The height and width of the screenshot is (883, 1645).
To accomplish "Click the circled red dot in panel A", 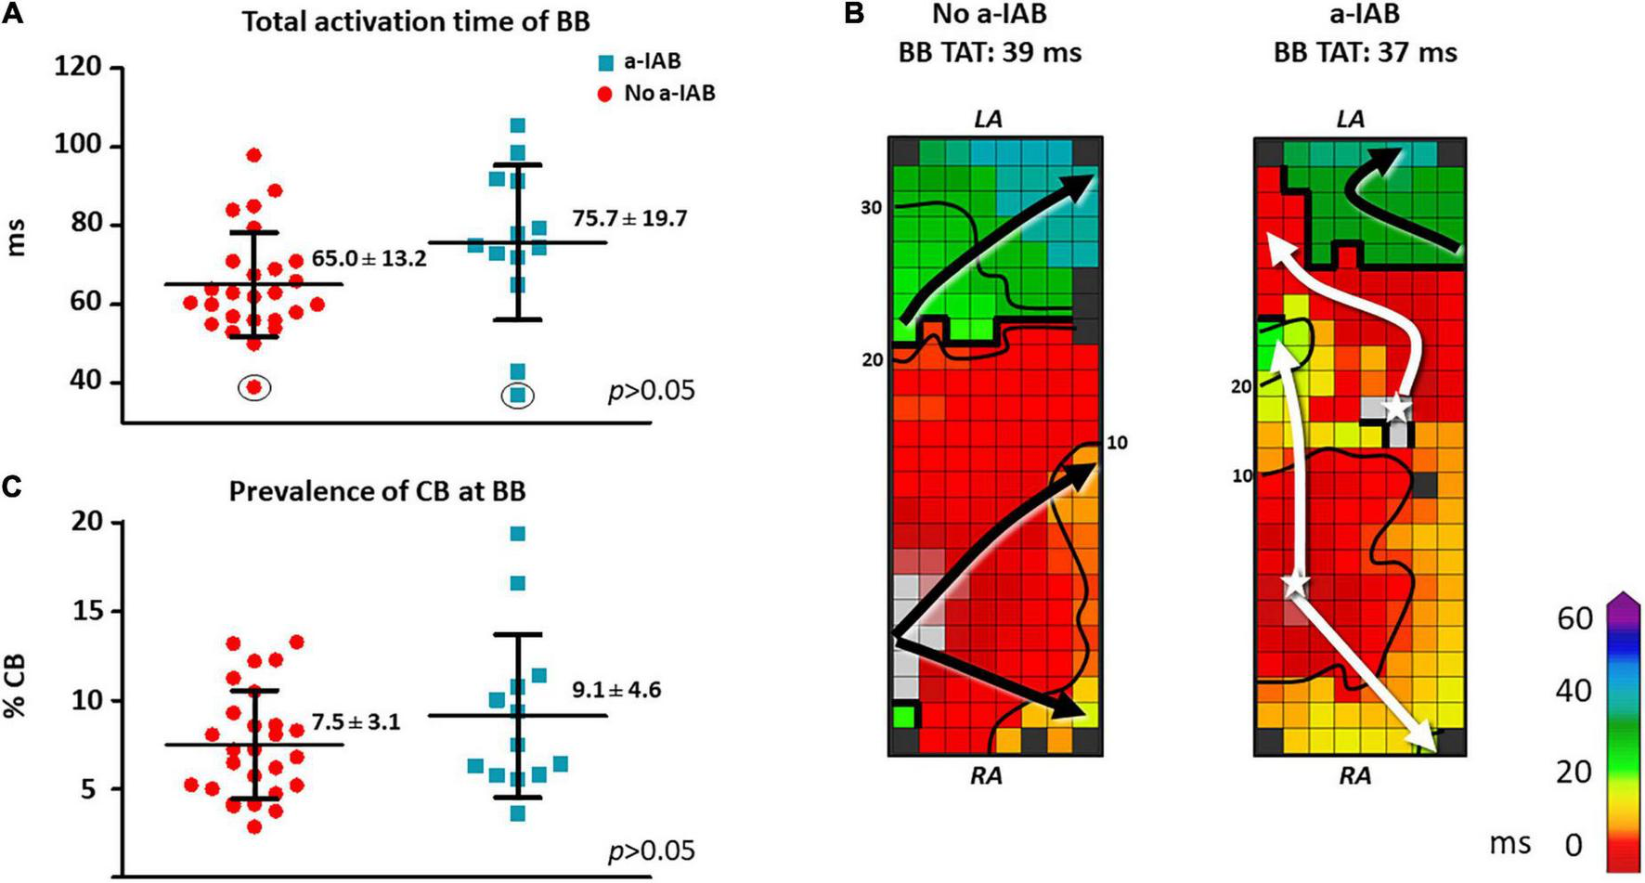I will click(253, 387).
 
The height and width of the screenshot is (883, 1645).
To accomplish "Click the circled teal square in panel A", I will click(518, 396).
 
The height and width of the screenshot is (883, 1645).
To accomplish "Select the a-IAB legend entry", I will click(641, 61).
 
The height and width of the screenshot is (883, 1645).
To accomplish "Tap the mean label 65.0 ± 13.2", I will click(369, 259).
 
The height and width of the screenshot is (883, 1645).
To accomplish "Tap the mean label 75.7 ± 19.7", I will click(629, 219).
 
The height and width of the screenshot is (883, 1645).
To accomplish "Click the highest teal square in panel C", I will click(518, 534).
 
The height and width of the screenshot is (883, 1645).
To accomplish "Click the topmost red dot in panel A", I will click(253, 155).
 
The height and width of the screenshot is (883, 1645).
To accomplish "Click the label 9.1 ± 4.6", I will click(616, 690).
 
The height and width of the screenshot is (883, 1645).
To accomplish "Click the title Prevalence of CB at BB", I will click(377, 490).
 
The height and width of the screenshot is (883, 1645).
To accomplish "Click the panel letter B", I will click(853, 14).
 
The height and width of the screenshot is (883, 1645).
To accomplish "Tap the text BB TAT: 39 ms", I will click(990, 52).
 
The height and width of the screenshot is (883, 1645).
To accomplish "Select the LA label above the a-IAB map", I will click(1351, 119).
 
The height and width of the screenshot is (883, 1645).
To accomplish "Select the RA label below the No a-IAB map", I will click(986, 775).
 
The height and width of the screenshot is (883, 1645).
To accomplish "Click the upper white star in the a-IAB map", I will click(1395, 407).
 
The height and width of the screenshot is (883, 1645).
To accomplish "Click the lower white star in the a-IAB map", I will click(1296, 585).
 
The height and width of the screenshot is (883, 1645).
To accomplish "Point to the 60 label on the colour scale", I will click(1574, 618).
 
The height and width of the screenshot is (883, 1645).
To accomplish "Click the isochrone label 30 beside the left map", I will click(871, 208).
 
